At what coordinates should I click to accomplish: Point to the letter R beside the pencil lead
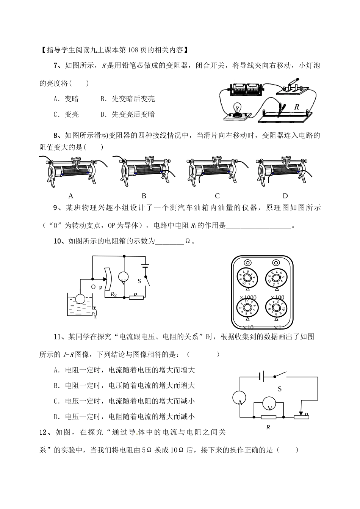click(296, 107)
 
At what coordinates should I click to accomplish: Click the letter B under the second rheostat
click(144, 196)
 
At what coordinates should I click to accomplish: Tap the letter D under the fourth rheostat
click(285, 196)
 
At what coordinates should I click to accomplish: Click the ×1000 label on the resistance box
click(248, 297)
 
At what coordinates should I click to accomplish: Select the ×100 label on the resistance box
click(277, 297)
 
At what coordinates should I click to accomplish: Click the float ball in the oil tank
click(80, 298)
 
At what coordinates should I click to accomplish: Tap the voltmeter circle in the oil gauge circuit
click(124, 277)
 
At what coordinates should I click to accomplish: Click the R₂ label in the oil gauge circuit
click(113, 294)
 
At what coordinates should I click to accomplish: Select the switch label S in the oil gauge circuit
click(139, 281)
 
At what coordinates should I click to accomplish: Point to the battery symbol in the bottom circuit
click(261, 376)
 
